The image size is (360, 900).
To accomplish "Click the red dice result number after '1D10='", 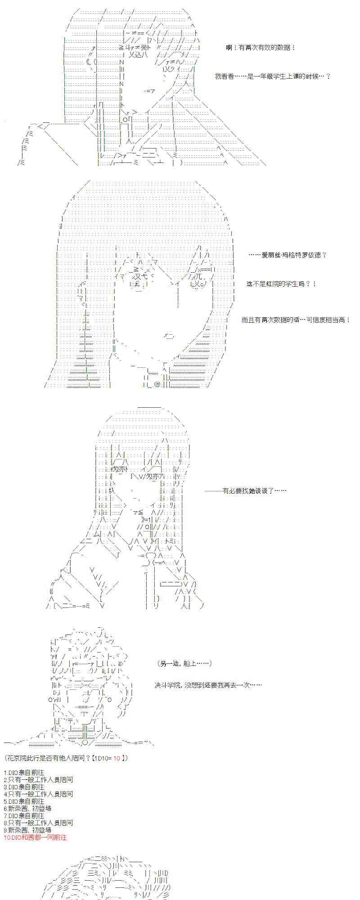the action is [117, 758].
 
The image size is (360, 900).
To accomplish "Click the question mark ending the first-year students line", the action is [328, 76].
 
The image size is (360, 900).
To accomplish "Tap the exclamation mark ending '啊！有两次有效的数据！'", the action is [294, 47].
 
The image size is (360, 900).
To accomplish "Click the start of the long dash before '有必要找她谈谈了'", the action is [206, 490].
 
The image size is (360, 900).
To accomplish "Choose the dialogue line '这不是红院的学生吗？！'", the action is [281, 284].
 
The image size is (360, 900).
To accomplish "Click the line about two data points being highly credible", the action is [296, 320].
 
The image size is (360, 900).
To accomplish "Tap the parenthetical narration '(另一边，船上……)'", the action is [185, 664].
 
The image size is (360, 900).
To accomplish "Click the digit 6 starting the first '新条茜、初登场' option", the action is [5, 809].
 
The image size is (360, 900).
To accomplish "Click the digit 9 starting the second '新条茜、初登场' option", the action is [5, 830].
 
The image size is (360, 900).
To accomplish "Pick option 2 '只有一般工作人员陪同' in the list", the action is [38, 780].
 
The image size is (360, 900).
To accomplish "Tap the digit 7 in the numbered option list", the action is [5, 816].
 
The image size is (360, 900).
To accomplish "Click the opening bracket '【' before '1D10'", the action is [93, 758].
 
